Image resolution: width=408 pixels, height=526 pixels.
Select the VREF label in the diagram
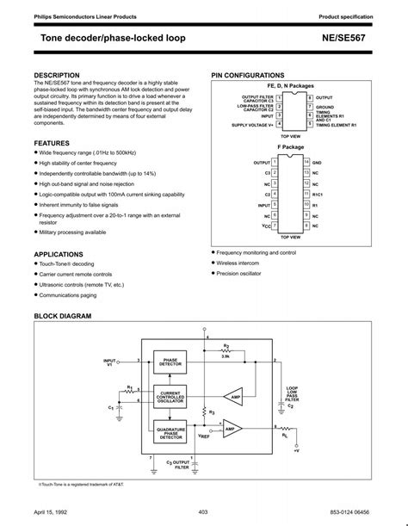[204, 436]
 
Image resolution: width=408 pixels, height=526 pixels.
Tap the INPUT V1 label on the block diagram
[109, 362]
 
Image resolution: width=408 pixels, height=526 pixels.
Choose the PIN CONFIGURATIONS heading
[247, 76]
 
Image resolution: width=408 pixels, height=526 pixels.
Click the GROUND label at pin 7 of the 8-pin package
[325, 107]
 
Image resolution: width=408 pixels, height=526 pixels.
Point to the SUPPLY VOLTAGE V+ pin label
[252, 125]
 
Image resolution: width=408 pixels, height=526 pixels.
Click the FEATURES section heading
[53, 142]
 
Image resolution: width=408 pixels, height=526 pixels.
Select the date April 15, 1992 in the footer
[51, 512]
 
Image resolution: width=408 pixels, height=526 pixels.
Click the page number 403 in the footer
[203, 512]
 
